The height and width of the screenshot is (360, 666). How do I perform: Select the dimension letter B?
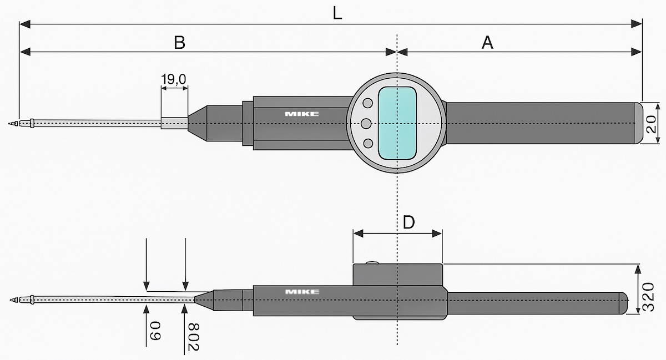point(179,42)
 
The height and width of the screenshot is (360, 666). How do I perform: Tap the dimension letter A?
point(487,42)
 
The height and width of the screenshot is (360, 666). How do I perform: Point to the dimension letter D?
point(408,222)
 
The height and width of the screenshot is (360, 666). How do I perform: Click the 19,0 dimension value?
point(174,79)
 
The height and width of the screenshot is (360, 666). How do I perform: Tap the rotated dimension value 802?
point(192,335)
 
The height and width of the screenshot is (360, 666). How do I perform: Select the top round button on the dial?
point(368,103)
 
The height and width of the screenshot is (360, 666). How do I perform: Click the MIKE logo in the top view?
point(302,114)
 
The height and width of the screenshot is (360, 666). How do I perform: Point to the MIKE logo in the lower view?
point(302,292)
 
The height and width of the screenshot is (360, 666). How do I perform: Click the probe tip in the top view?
point(13,123)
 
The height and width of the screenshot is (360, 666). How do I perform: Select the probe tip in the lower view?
point(13,300)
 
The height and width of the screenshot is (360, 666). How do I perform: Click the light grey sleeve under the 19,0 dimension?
point(174,122)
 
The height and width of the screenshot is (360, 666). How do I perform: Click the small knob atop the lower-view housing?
point(372,263)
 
